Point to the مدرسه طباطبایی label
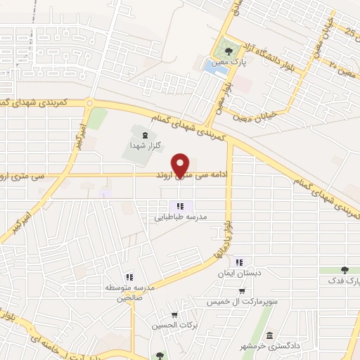181,217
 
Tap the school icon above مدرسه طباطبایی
181,206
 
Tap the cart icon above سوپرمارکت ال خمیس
242,290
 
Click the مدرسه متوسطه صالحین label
129,293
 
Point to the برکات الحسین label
174,326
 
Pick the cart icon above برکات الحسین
174,314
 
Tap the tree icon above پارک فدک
344,269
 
